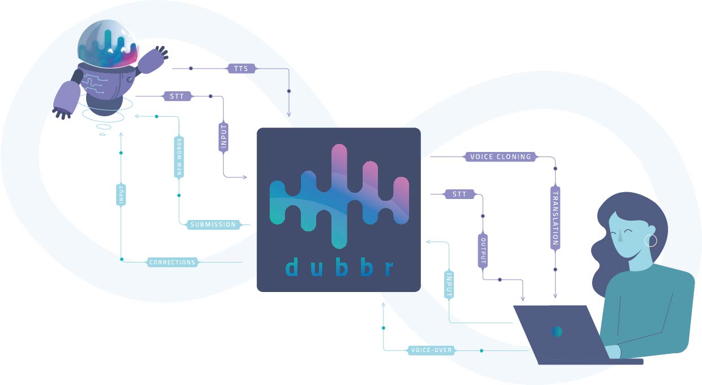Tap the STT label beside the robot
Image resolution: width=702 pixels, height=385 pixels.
177,96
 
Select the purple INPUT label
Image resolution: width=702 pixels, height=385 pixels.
223,137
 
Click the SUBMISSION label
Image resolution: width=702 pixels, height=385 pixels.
213,225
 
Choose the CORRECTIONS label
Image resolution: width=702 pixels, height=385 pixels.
172,262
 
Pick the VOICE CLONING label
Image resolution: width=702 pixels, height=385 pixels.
500,156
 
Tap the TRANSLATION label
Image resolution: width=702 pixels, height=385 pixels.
555,218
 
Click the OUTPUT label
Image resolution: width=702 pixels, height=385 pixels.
483,251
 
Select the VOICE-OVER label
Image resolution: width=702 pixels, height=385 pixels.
431,350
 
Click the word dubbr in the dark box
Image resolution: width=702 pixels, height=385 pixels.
339,268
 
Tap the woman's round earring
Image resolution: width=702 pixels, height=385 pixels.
651,240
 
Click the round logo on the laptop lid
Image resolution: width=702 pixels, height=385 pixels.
557,332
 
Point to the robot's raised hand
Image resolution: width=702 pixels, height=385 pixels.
155,58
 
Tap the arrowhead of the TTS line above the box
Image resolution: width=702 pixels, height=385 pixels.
289,115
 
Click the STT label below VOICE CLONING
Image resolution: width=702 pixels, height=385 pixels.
460,194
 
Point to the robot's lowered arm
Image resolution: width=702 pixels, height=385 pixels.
66,100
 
